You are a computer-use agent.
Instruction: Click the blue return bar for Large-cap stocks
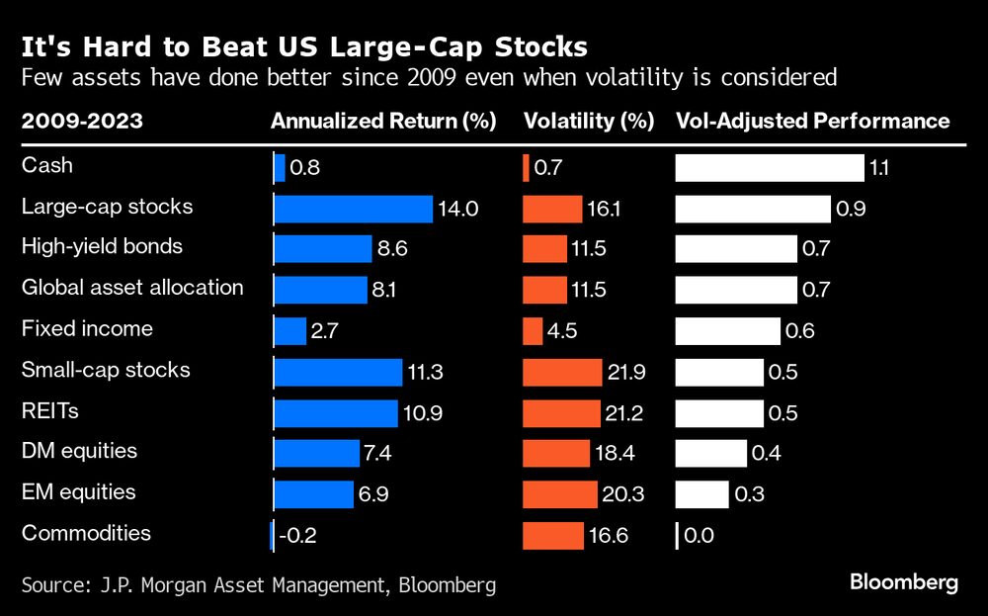[x=353, y=209]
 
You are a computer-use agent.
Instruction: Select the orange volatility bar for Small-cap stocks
[x=562, y=372]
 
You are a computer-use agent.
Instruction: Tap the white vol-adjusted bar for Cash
[x=769, y=168]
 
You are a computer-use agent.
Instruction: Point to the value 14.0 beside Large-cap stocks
[x=459, y=209]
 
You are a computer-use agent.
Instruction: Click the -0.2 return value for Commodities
[x=296, y=536]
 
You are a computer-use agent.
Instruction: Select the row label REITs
[x=49, y=410]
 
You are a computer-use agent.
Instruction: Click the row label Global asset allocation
[x=132, y=288]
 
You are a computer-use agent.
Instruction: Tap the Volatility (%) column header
[x=589, y=122]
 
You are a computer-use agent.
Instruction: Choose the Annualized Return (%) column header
[x=382, y=122]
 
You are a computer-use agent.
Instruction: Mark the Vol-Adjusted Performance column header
[x=812, y=122]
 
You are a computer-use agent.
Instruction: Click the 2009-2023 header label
[x=82, y=122]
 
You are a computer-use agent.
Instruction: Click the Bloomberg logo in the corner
[x=904, y=582]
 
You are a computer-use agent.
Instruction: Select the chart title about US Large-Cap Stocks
[x=304, y=46]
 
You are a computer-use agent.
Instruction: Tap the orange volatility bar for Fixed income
[x=533, y=331]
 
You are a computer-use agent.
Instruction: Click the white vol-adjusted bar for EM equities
[x=701, y=494]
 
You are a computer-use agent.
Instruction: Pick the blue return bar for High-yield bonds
[x=322, y=249]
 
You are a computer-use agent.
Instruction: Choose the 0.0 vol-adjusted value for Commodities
[x=699, y=536]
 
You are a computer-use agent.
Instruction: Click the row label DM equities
[x=79, y=451]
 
